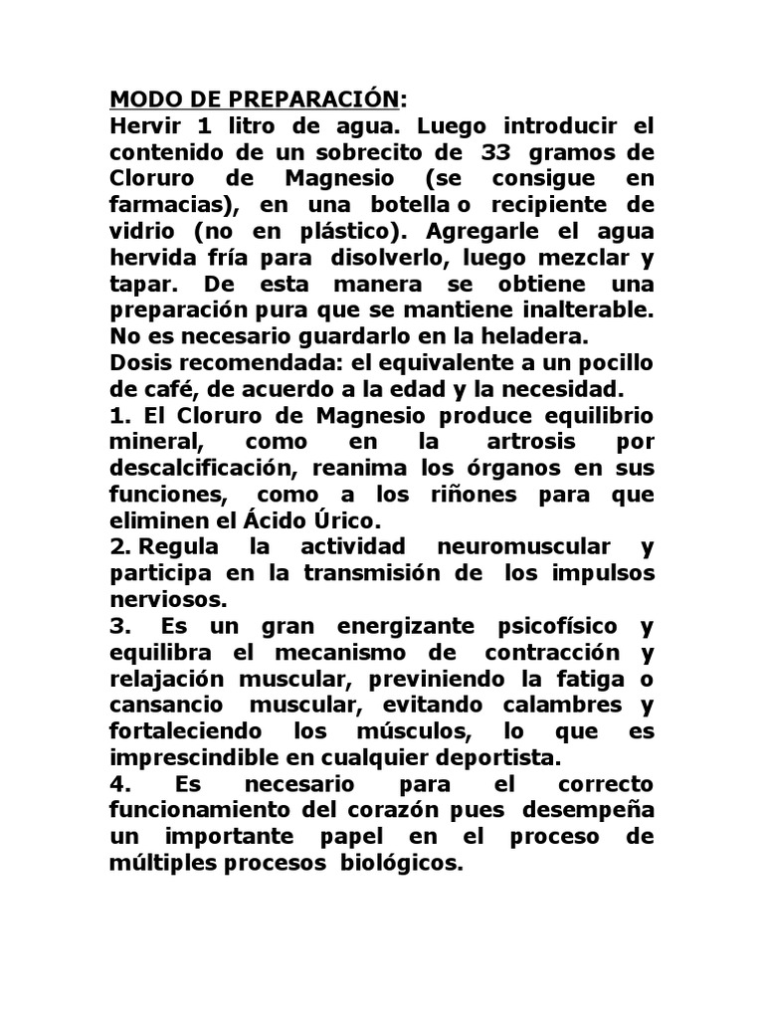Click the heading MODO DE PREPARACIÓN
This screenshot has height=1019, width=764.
[255, 100]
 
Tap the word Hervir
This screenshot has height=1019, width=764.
[145, 126]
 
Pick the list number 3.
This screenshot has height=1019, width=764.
[116, 625]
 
